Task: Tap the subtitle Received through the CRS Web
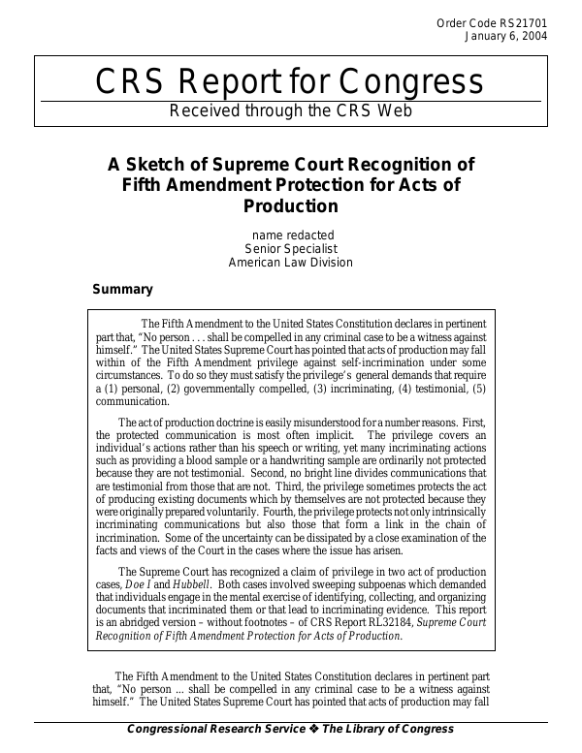click(290, 110)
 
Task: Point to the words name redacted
click(292, 235)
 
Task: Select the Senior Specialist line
click(291, 248)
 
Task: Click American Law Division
click(291, 262)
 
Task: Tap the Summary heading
click(122, 289)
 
